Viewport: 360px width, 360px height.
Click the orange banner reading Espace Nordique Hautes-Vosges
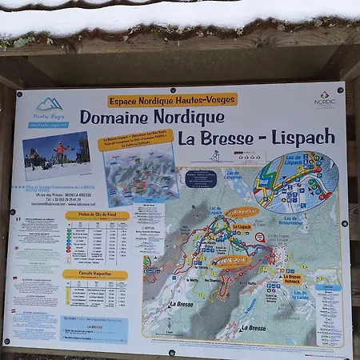(172, 100)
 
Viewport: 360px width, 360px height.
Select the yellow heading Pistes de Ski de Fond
(97, 215)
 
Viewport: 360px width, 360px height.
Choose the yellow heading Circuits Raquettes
(95, 274)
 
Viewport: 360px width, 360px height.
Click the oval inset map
(295, 182)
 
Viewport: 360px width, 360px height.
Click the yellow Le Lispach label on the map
(242, 226)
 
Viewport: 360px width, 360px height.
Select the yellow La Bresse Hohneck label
(292, 279)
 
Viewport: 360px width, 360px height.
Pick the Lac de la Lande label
(302, 295)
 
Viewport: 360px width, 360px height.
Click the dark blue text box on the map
(201, 178)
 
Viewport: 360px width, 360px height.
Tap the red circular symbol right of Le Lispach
(260, 237)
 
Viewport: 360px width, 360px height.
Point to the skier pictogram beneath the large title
(214, 155)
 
